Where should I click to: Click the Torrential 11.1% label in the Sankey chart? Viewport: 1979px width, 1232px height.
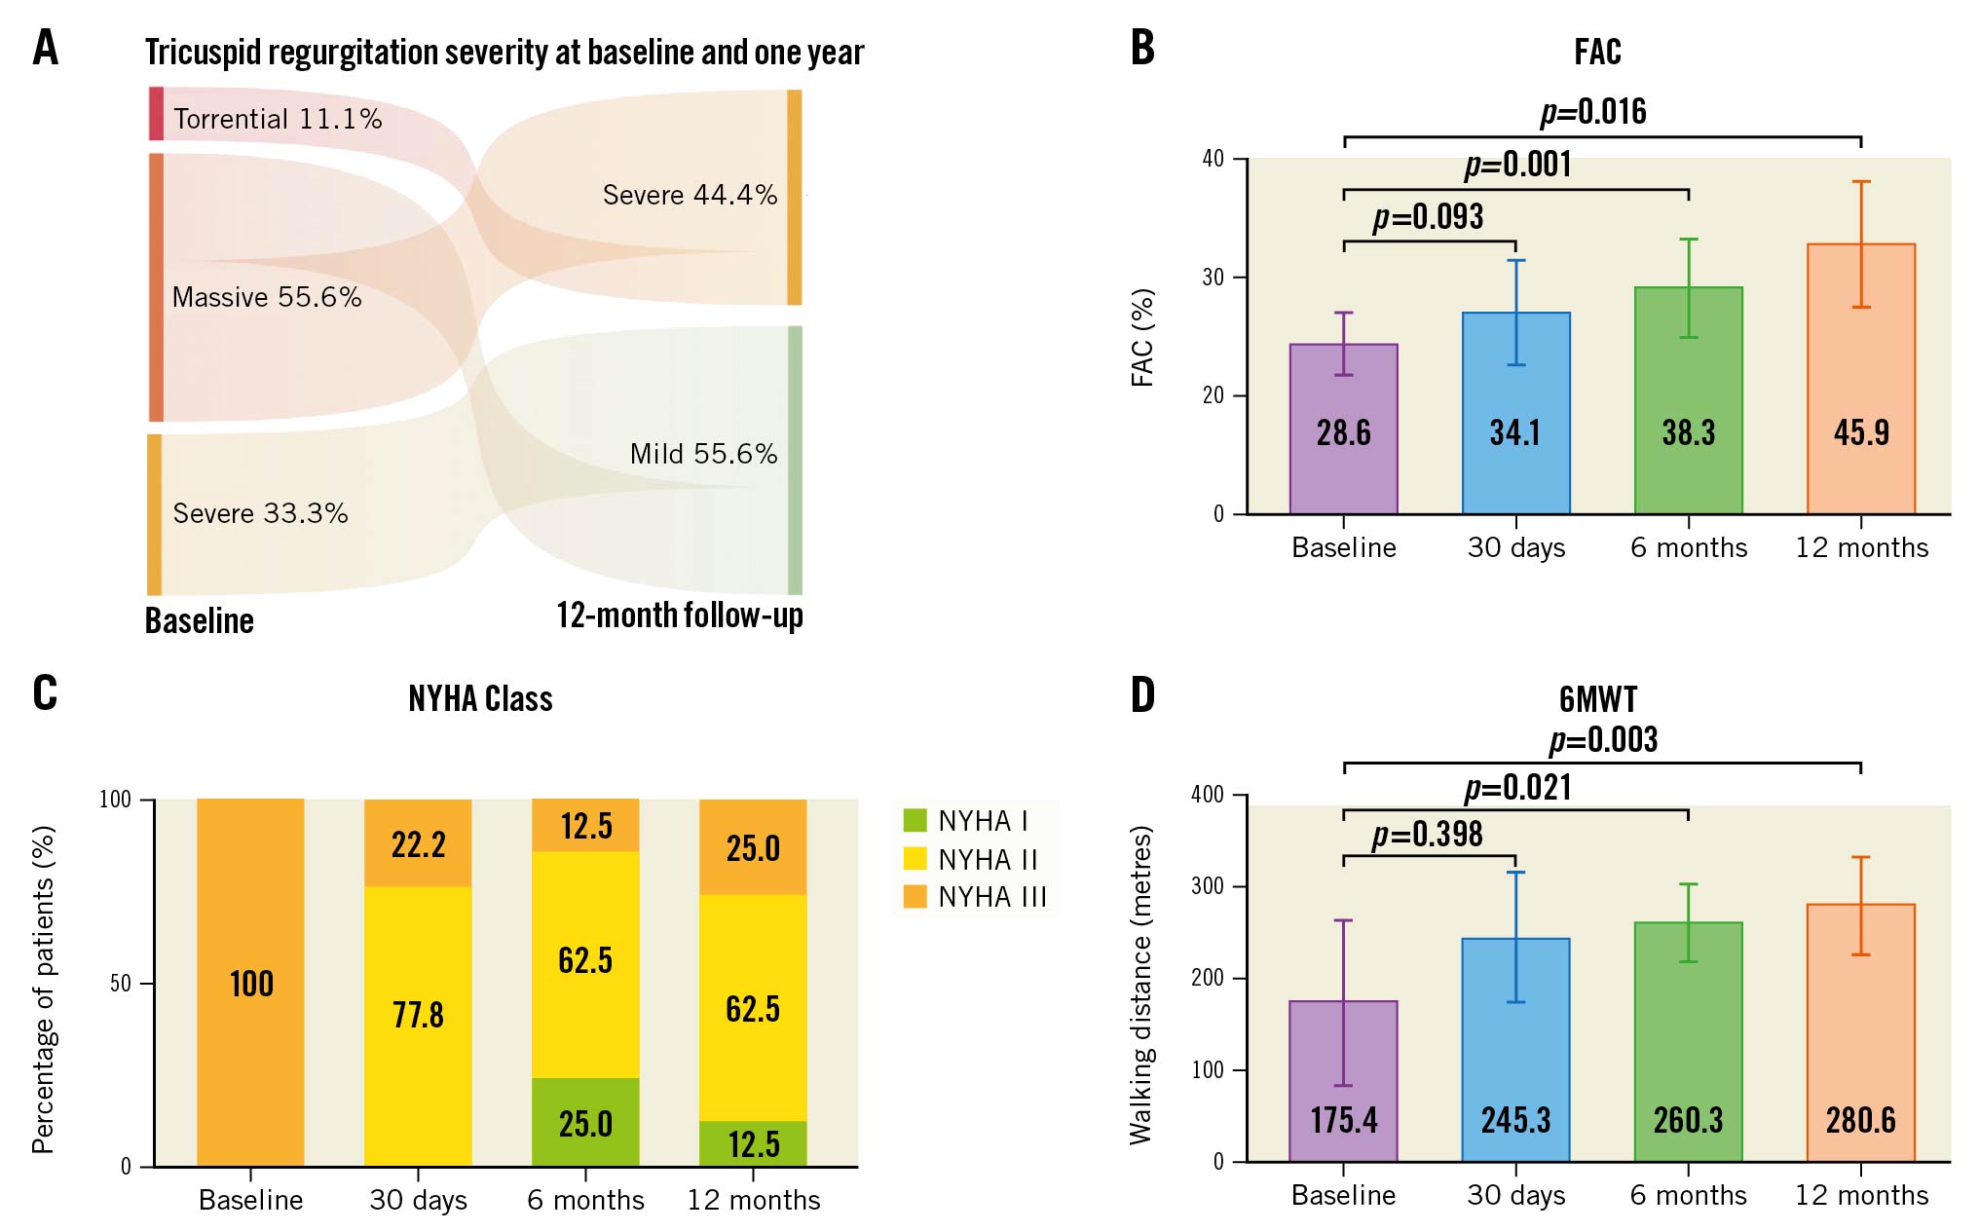(278, 119)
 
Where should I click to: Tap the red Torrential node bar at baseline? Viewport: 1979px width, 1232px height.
(156, 113)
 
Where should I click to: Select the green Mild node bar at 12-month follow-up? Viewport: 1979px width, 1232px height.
(795, 460)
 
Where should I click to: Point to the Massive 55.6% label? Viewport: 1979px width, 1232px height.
(267, 297)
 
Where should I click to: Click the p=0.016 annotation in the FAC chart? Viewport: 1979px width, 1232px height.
(1593, 112)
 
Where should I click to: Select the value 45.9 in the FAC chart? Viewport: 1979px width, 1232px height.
(1861, 432)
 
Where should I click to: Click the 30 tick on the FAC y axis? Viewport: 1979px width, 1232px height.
(1213, 278)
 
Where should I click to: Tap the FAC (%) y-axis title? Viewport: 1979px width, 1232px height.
(1142, 337)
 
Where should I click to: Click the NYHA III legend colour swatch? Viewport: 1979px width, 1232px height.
(915, 896)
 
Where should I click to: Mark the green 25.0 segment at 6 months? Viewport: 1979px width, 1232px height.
(585, 1122)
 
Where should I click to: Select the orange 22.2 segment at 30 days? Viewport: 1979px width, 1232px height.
(418, 843)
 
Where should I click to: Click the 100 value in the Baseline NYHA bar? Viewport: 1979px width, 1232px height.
(251, 984)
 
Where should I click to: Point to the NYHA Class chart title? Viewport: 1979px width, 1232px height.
(480, 698)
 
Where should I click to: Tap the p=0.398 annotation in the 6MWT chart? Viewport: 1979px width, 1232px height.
(1427, 835)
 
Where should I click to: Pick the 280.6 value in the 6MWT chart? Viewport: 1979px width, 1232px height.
(1860, 1120)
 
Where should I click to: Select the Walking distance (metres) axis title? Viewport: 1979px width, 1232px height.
(1141, 985)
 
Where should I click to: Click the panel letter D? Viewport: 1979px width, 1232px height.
(1142, 694)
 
